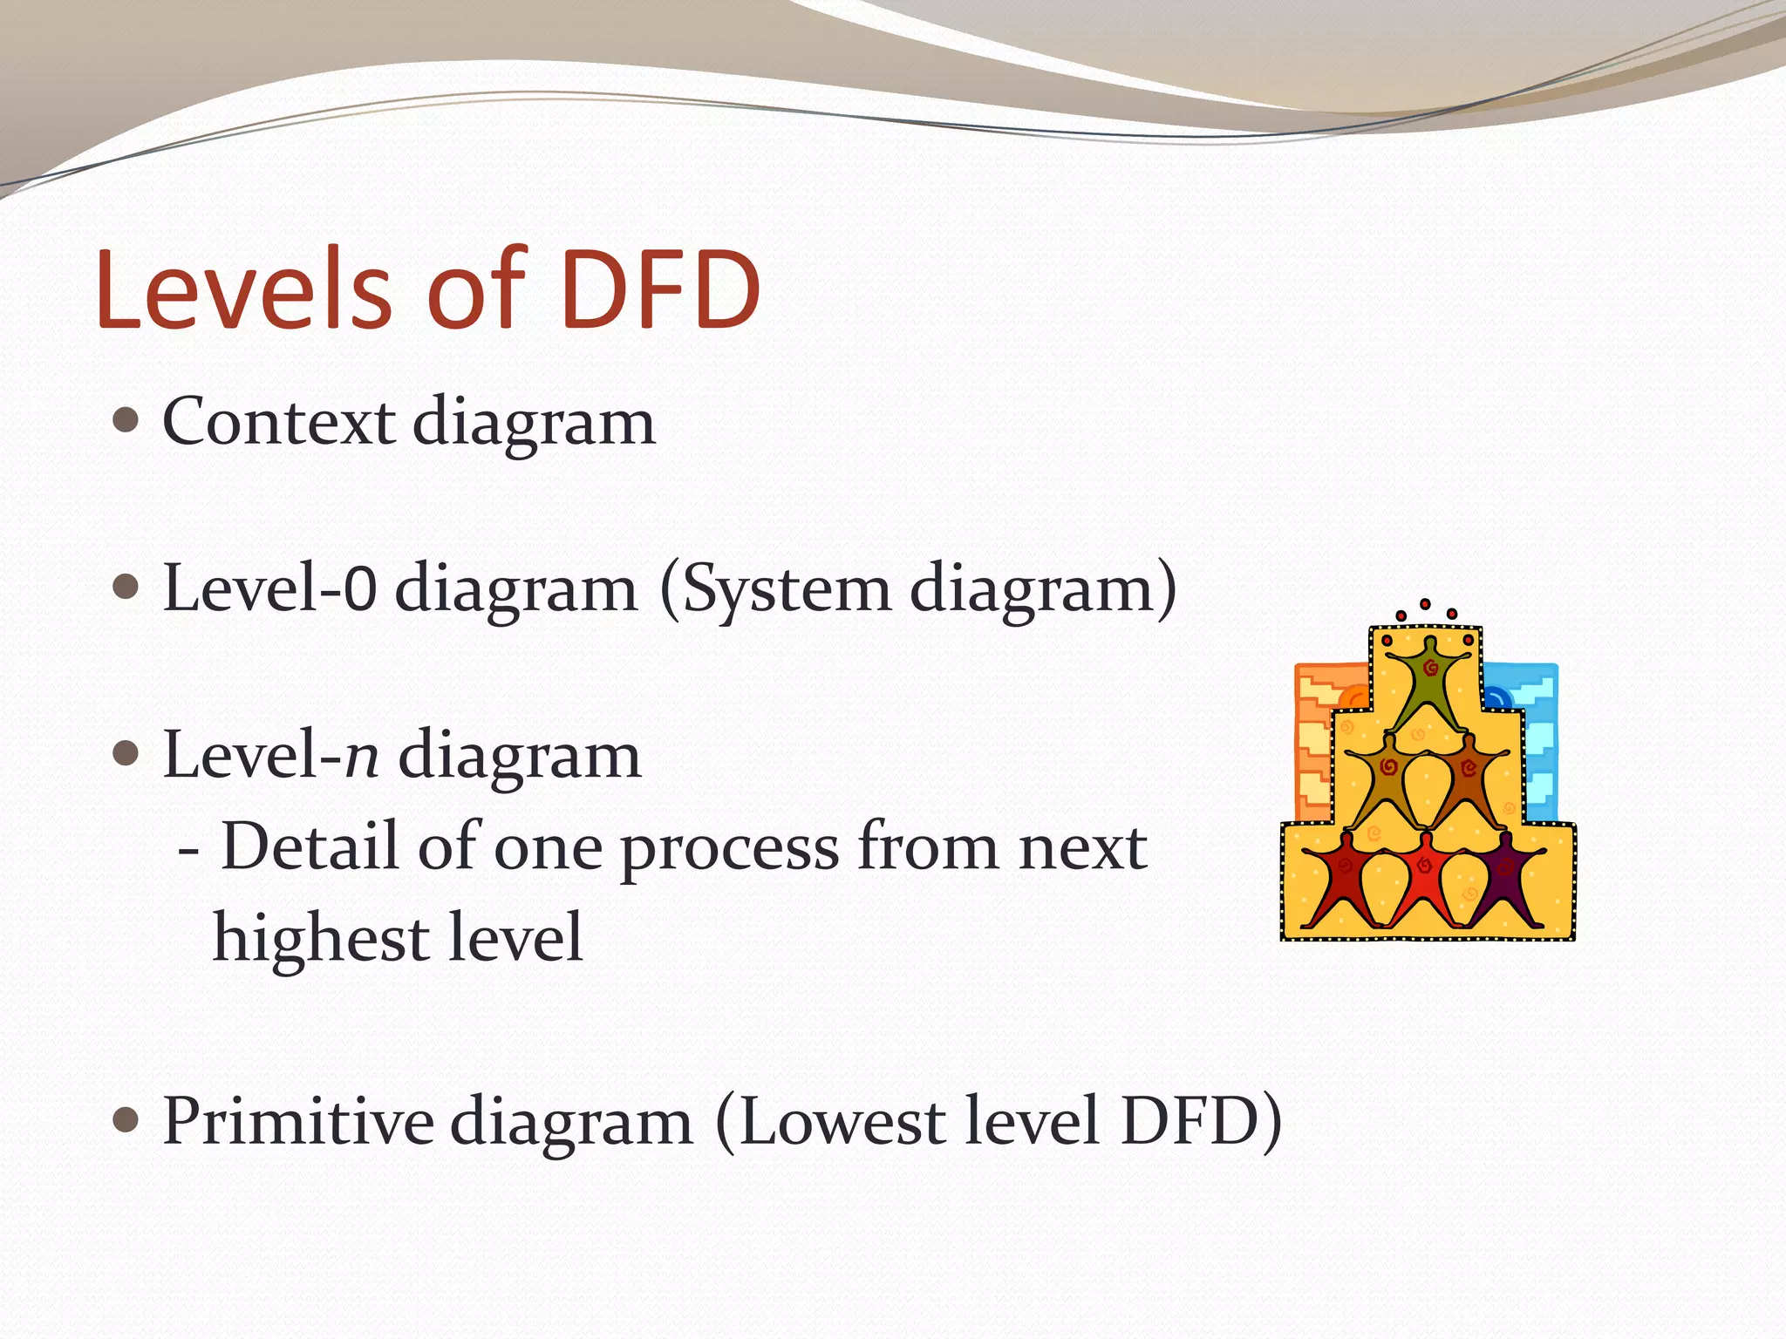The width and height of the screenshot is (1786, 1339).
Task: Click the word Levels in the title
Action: point(244,289)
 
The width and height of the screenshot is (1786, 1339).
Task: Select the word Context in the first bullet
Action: point(278,422)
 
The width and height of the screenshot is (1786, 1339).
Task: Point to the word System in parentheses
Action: point(785,590)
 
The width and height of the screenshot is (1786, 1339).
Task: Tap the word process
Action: point(729,847)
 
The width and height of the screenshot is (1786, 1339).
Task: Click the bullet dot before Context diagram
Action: point(126,422)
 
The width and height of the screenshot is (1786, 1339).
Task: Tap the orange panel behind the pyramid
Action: point(1313,741)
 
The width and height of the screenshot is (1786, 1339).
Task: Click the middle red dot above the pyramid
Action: point(1425,604)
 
